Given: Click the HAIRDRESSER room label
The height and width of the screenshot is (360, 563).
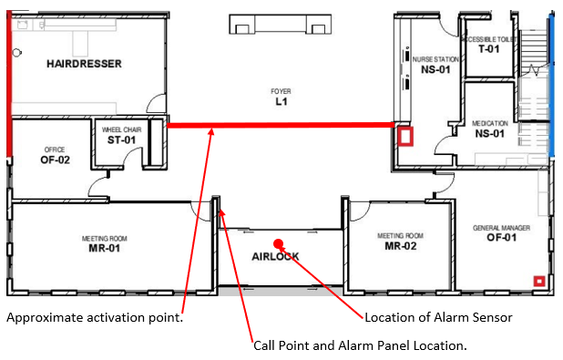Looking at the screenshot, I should [x=85, y=64].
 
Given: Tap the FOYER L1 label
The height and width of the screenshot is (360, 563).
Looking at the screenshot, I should [x=281, y=98].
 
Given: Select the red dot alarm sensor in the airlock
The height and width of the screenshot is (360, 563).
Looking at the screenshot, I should [x=280, y=243].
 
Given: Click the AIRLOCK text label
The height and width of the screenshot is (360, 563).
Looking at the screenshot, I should [x=275, y=257].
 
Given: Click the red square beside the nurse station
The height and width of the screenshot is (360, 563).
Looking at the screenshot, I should [x=405, y=137].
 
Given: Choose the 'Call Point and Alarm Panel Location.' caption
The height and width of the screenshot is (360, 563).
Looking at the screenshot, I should [x=361, y=346].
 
